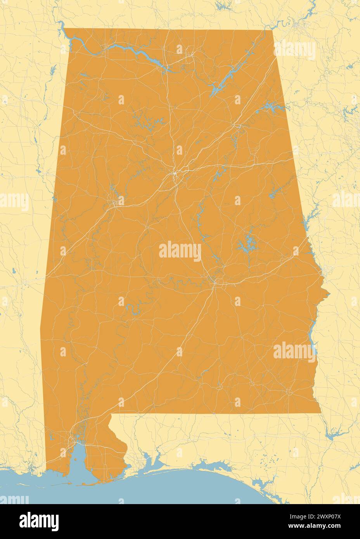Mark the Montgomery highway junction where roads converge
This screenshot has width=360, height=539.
tap(214, 282)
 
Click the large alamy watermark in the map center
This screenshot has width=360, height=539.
tap(180, 251)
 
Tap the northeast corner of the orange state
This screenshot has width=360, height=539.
tap(273, 30)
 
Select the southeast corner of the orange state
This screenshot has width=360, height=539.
tap(320, 413)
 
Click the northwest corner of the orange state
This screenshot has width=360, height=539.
tap(64, 29)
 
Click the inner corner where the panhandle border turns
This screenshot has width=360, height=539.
tap(111, 415)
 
